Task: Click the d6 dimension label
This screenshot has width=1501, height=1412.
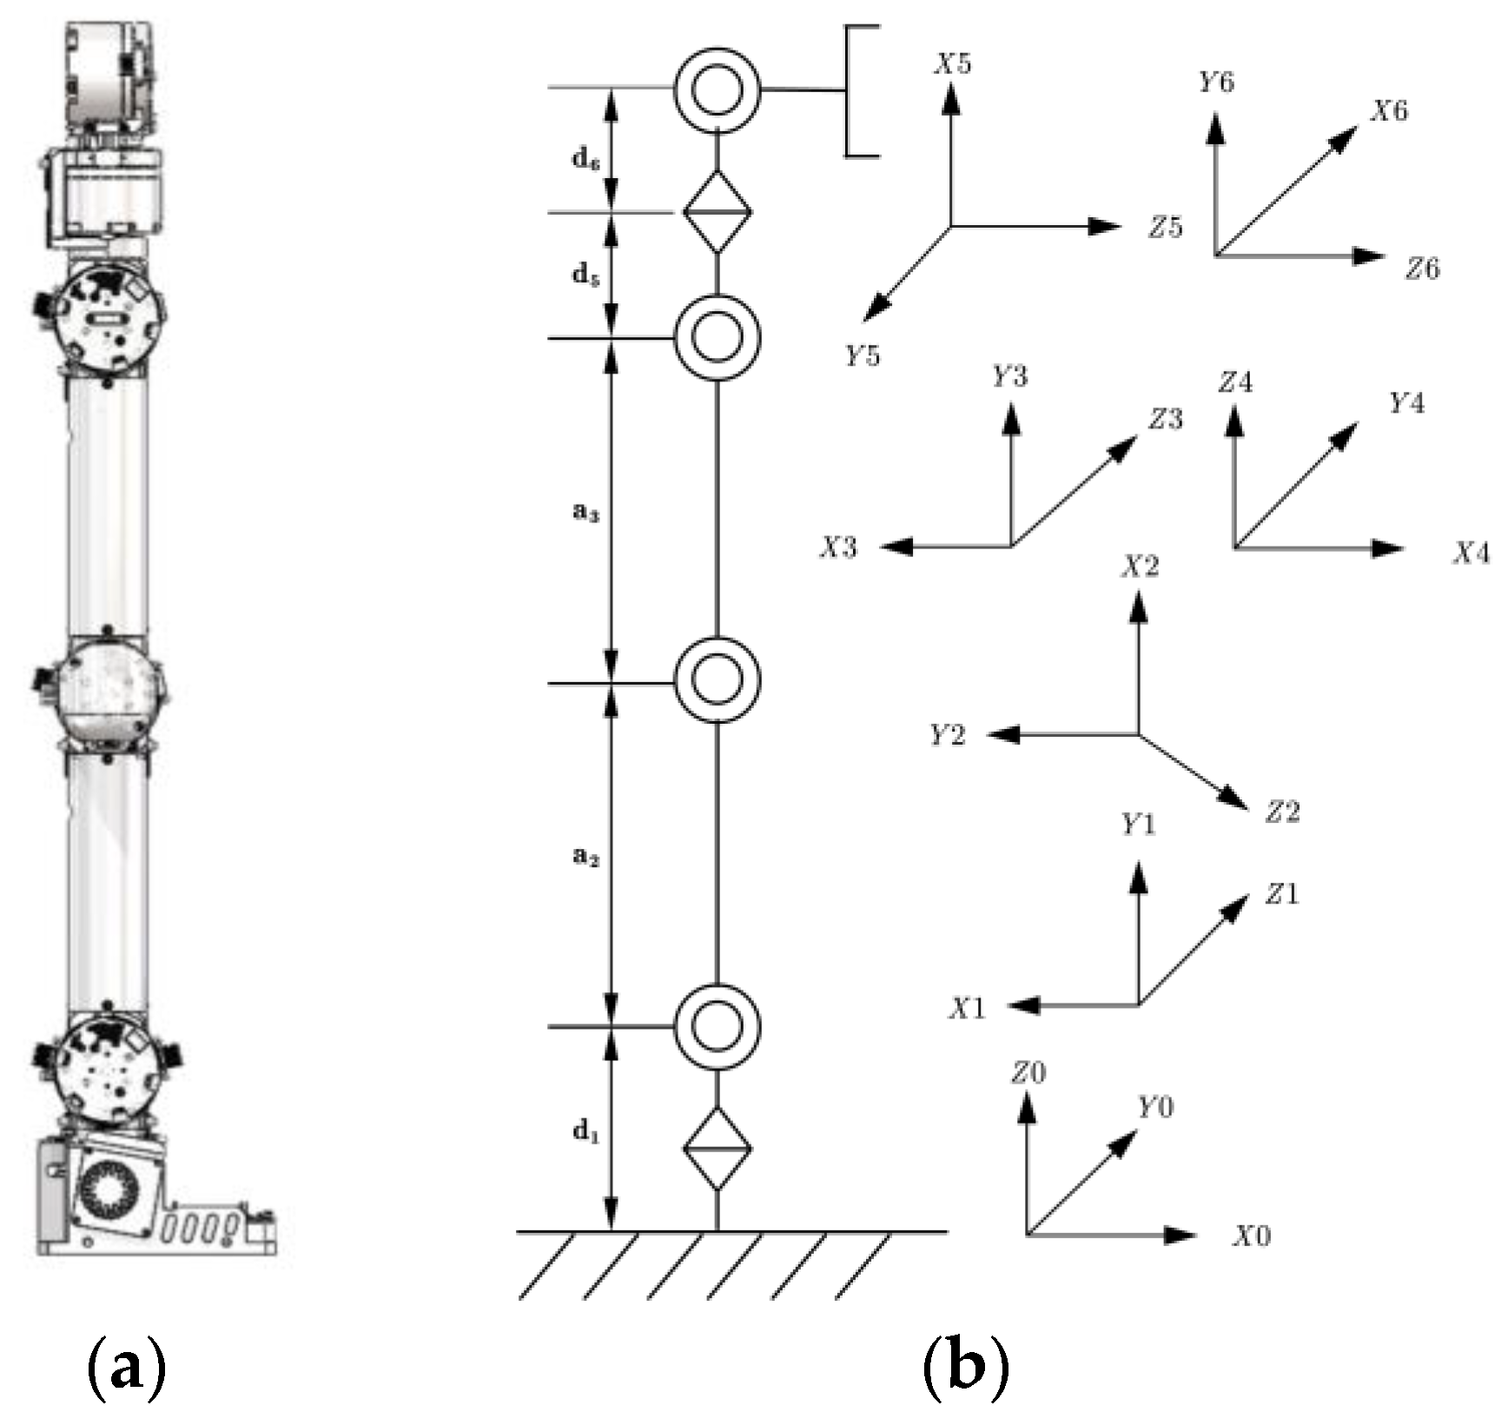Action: tap(585, 160)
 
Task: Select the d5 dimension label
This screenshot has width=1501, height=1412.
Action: tap(585, 275)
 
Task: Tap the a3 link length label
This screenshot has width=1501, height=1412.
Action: tap(585, 513)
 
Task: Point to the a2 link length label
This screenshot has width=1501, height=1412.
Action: tap(585, 857)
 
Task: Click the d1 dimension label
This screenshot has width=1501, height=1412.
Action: tap(585, 1130)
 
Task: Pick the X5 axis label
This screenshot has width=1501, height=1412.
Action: tap(953, 64)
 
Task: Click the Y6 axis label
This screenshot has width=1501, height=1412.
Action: tap(1216, 83)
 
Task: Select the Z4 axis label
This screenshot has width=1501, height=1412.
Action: tap(1235, 382)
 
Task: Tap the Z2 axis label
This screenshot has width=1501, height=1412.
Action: tap(1282, 812)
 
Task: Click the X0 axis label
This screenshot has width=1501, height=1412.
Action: tap(1252, 1236)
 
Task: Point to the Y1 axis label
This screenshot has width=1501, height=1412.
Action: tap(1138, 824)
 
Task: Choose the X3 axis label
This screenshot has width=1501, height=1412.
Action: tap(839, 547)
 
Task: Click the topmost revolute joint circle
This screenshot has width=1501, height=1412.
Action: tap(717, 89)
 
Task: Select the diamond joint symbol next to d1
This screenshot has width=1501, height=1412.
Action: tap(717, 1149)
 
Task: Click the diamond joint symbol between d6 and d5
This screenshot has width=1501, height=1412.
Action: tap(717, 212)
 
